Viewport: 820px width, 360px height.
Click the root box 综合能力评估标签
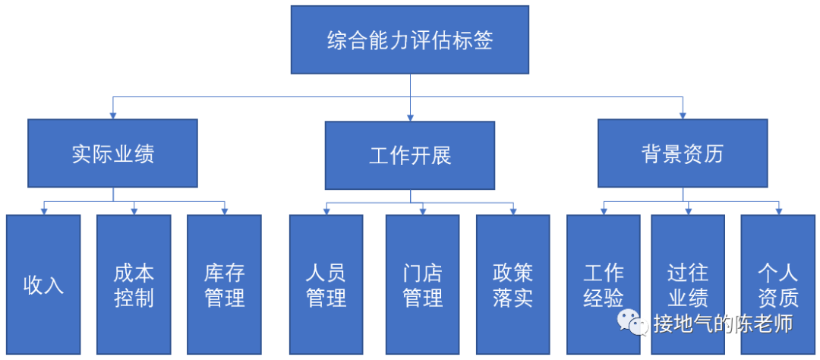click(x=410, y=39)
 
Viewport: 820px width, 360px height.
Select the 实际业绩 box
click(x=113, y=153)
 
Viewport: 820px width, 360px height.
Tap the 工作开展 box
click(x=410, y=155)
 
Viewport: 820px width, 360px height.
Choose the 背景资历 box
click(x=683, y=153)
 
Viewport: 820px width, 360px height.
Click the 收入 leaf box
click(x=43, y=285)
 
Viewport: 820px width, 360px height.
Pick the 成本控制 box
click(x=134, y=285)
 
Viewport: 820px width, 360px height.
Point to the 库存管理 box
click(x=225, y=285)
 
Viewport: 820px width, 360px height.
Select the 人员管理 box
click(x=326, y=285)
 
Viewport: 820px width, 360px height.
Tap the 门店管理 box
click(x=422, y=285)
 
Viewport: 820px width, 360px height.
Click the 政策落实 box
click(x=512, y=285)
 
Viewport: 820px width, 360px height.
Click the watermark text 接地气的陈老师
click(x=723, y=324)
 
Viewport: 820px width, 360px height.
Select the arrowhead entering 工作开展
click(x=410, y=117)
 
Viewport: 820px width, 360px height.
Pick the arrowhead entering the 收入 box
click(x=43, y=211)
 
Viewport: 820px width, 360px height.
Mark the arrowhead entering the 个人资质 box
click(x=778, y=211)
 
